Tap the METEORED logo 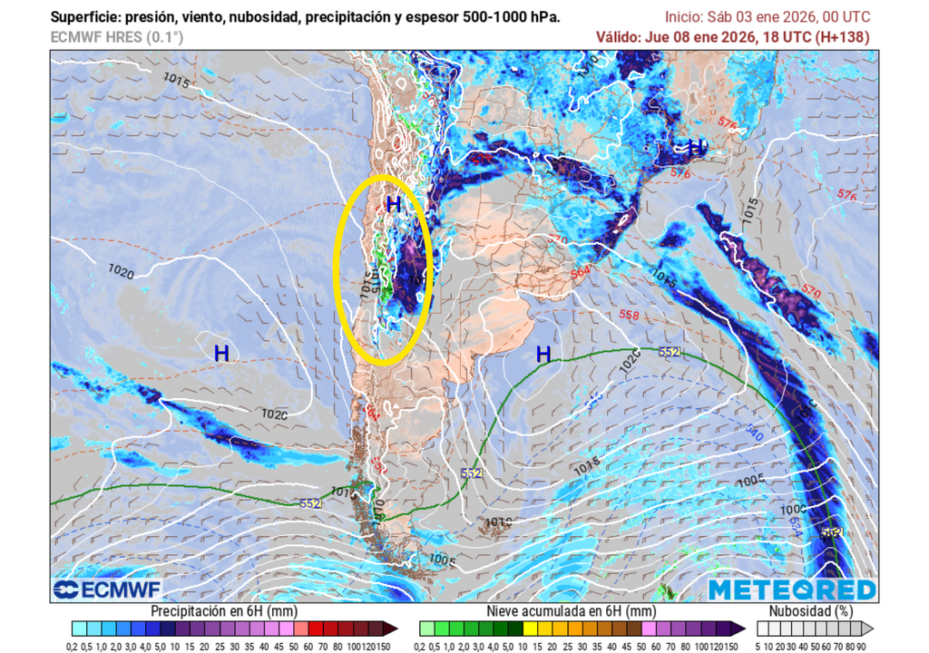[792, 590]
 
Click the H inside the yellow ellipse [393, 205]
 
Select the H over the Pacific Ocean [221, 354]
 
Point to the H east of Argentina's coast [543, 354]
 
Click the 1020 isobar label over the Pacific [121, 270]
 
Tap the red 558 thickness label [628, 315]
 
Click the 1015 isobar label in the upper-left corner [177, 81]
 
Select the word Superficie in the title [83, 17]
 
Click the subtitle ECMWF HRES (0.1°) [116, 37]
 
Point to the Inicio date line [767, 17]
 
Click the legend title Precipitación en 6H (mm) [224, 611]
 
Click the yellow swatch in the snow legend [531, 628]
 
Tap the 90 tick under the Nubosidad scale [860, 645]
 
